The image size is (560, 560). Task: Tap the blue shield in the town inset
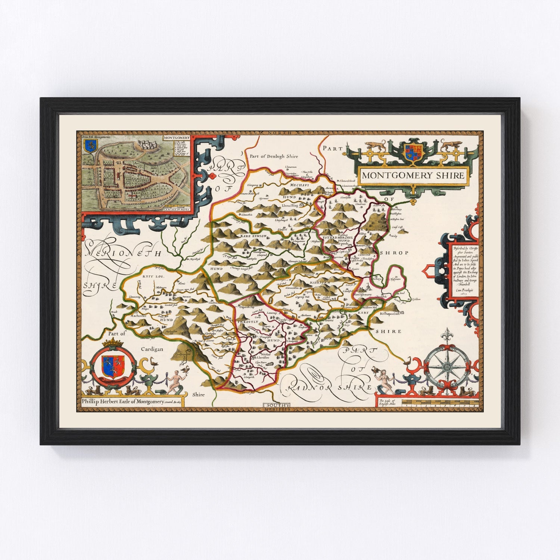(x=88, y=146)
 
